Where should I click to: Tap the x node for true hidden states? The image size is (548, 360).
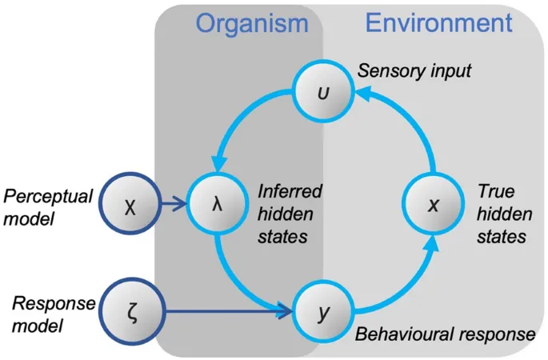click(x=432, y=205)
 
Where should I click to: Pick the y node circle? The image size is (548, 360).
click(x=322, y=310)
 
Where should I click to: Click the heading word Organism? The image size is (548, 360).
click(x=251, y=22)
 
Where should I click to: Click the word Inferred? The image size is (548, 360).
click(x=290, y=192)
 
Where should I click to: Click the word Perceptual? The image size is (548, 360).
click(x=49, y=196)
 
